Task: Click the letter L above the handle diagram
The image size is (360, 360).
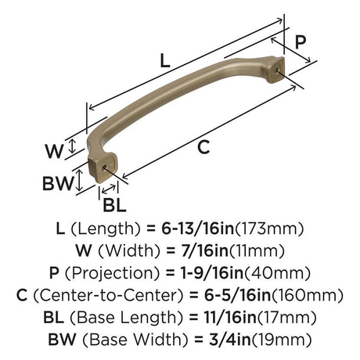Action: [x=165, y=61]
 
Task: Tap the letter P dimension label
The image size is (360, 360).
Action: [x=301, y=42]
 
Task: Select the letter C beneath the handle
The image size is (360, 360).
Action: [x=203, y=147]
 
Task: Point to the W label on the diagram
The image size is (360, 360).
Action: [x=54, y=151]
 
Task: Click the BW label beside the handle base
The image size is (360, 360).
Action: [x=58, y=183]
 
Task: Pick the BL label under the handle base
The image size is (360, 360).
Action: [x=114, y=205]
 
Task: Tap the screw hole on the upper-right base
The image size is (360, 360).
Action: [x=277, y=70]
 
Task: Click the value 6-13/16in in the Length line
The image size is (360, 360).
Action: [x=198, y=229]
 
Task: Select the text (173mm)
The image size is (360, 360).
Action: [x=270, y=229]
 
